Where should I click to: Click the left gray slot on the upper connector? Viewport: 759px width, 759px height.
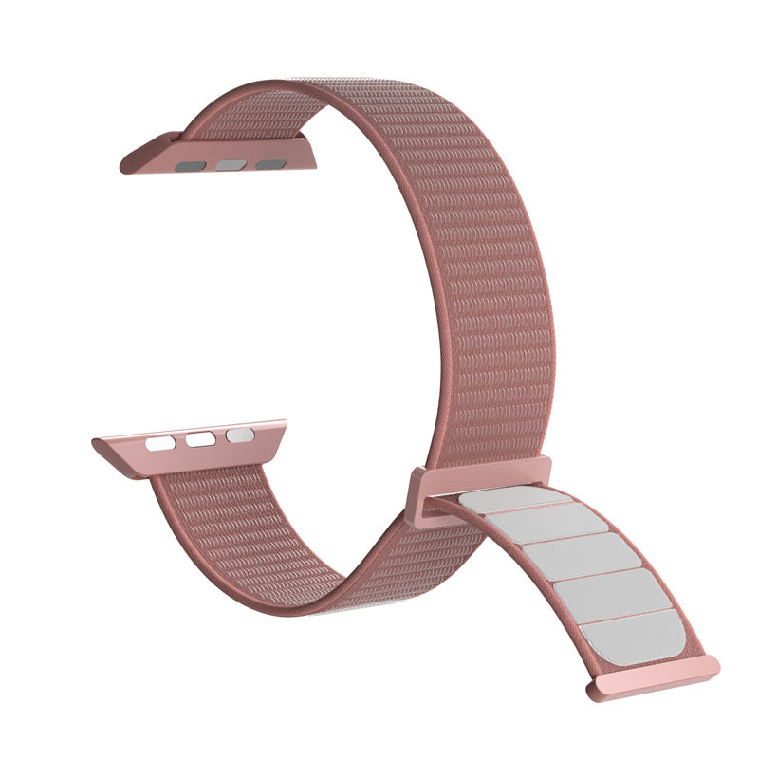[192, 165]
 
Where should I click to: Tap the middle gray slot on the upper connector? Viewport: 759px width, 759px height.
[230, 165]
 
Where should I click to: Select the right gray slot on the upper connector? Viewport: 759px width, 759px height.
[269, 164]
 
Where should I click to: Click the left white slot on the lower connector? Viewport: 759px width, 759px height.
[161, 442]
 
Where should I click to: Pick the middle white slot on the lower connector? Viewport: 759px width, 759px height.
[200, 439]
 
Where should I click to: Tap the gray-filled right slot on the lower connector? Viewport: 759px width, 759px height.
[239, 435]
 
